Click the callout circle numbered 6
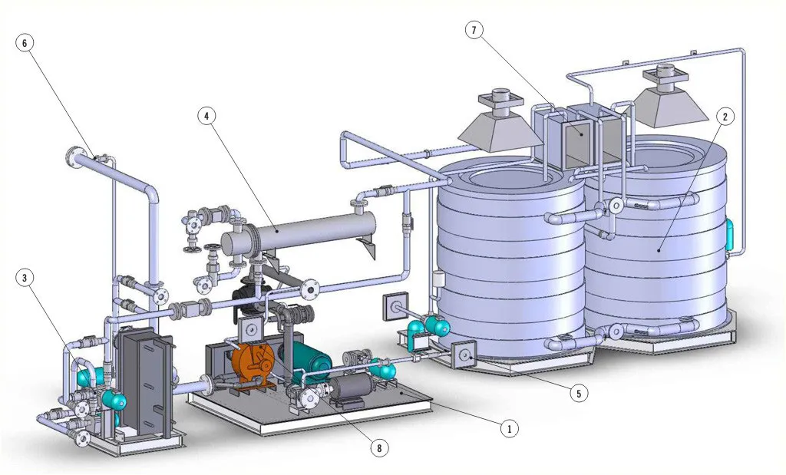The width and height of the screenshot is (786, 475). click(25, 43)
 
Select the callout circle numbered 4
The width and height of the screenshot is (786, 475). click(206, 117)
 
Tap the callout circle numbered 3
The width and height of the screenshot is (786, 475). click(25, 278)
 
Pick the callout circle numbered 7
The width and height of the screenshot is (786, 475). click(474, 31)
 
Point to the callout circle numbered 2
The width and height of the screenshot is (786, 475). click(725, 117)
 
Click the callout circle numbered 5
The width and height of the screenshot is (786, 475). click(579, 394)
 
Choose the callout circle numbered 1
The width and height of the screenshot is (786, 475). click(510, 428)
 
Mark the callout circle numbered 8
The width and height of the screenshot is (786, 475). click(379, 448)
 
